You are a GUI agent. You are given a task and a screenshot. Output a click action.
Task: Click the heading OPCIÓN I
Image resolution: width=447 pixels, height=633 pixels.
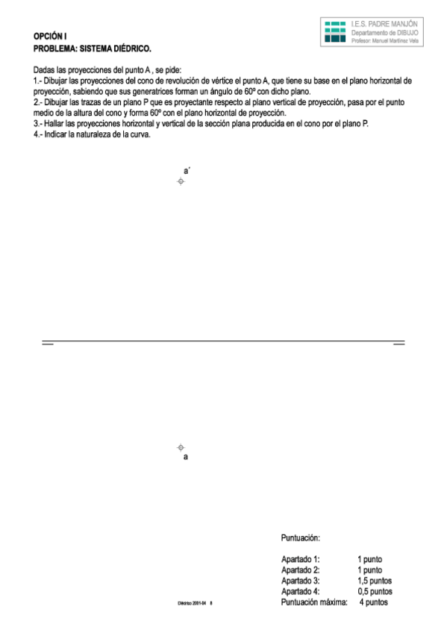50,37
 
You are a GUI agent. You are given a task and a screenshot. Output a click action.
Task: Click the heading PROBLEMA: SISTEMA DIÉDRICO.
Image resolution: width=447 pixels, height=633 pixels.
93,49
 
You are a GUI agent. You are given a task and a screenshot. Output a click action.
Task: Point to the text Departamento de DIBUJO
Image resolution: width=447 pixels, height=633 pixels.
384,34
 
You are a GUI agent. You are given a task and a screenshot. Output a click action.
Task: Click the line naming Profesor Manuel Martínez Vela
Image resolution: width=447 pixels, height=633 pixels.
385,42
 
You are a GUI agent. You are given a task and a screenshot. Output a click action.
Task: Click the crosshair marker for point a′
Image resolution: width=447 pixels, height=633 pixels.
181,182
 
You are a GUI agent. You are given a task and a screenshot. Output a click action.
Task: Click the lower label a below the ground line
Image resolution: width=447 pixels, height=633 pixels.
186,457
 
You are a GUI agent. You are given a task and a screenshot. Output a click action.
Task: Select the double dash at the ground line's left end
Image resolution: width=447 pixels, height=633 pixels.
48,343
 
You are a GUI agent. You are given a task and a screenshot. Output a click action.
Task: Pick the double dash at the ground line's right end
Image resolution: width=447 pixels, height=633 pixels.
398,343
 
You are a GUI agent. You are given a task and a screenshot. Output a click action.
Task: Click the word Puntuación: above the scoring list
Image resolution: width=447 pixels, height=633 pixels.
301,537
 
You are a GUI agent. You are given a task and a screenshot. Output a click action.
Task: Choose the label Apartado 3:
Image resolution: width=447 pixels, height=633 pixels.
301,581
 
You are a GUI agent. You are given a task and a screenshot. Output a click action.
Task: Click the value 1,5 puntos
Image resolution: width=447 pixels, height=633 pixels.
375,581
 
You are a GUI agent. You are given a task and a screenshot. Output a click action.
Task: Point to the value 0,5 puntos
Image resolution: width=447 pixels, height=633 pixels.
375,591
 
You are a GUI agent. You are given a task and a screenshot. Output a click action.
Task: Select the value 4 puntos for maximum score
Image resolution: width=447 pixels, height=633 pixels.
373,602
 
